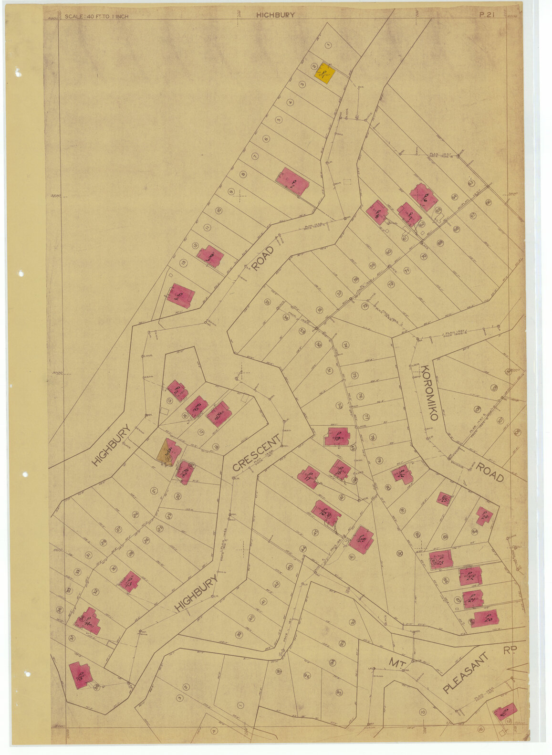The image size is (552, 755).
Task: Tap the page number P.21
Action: pos(486,15)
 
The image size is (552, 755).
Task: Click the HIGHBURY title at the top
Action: pos(275,15)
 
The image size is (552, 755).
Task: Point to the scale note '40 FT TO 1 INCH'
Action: pos(97,16)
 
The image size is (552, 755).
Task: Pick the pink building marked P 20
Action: pos(486,618)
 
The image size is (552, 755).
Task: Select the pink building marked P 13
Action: pos(129,582)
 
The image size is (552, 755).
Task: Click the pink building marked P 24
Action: pos(484,516)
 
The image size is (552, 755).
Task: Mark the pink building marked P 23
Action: pos(440,560)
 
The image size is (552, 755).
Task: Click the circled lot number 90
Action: pos(399,553)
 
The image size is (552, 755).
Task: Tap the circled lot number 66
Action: pos(488,202)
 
